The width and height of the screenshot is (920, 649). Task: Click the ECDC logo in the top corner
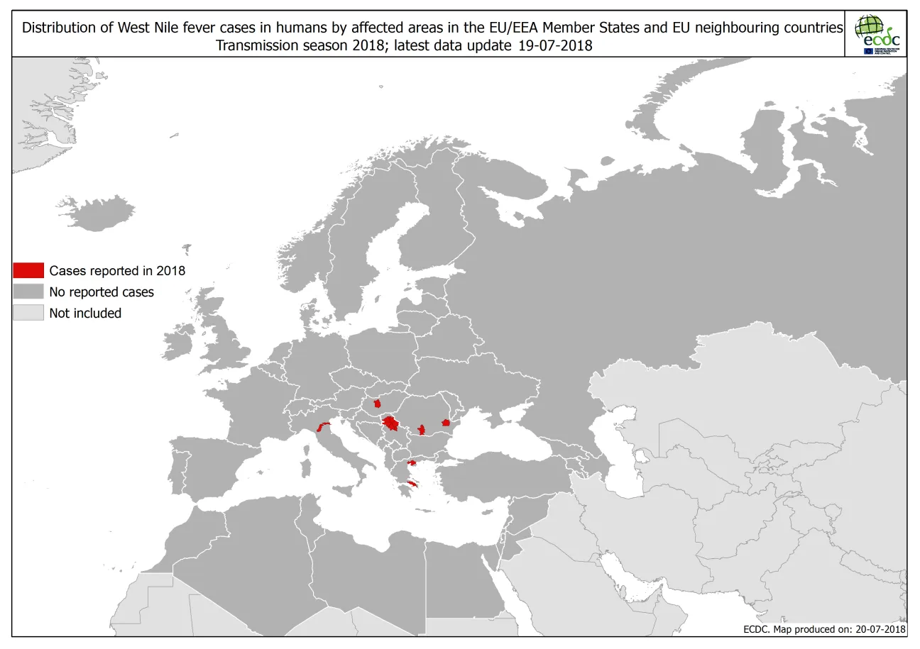(x=877, y=33)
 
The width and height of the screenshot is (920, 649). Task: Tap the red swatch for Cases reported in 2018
(x=28, y=270)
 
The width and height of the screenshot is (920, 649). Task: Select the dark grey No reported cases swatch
(x=28, y=292)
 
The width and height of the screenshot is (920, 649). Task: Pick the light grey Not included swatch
(x=28, y=313)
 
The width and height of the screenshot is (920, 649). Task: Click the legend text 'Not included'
(x=85, y=313)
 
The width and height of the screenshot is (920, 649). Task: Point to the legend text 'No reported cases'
(x=102, y=292)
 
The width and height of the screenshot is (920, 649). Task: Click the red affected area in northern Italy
(x=324, y=427)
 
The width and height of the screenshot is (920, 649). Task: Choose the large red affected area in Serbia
(x=390, y=424)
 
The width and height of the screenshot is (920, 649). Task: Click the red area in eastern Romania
(x=446, y=423)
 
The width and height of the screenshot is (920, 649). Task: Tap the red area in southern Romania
(x=422, y=429)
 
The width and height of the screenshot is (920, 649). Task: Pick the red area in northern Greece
(x=411, y=463)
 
